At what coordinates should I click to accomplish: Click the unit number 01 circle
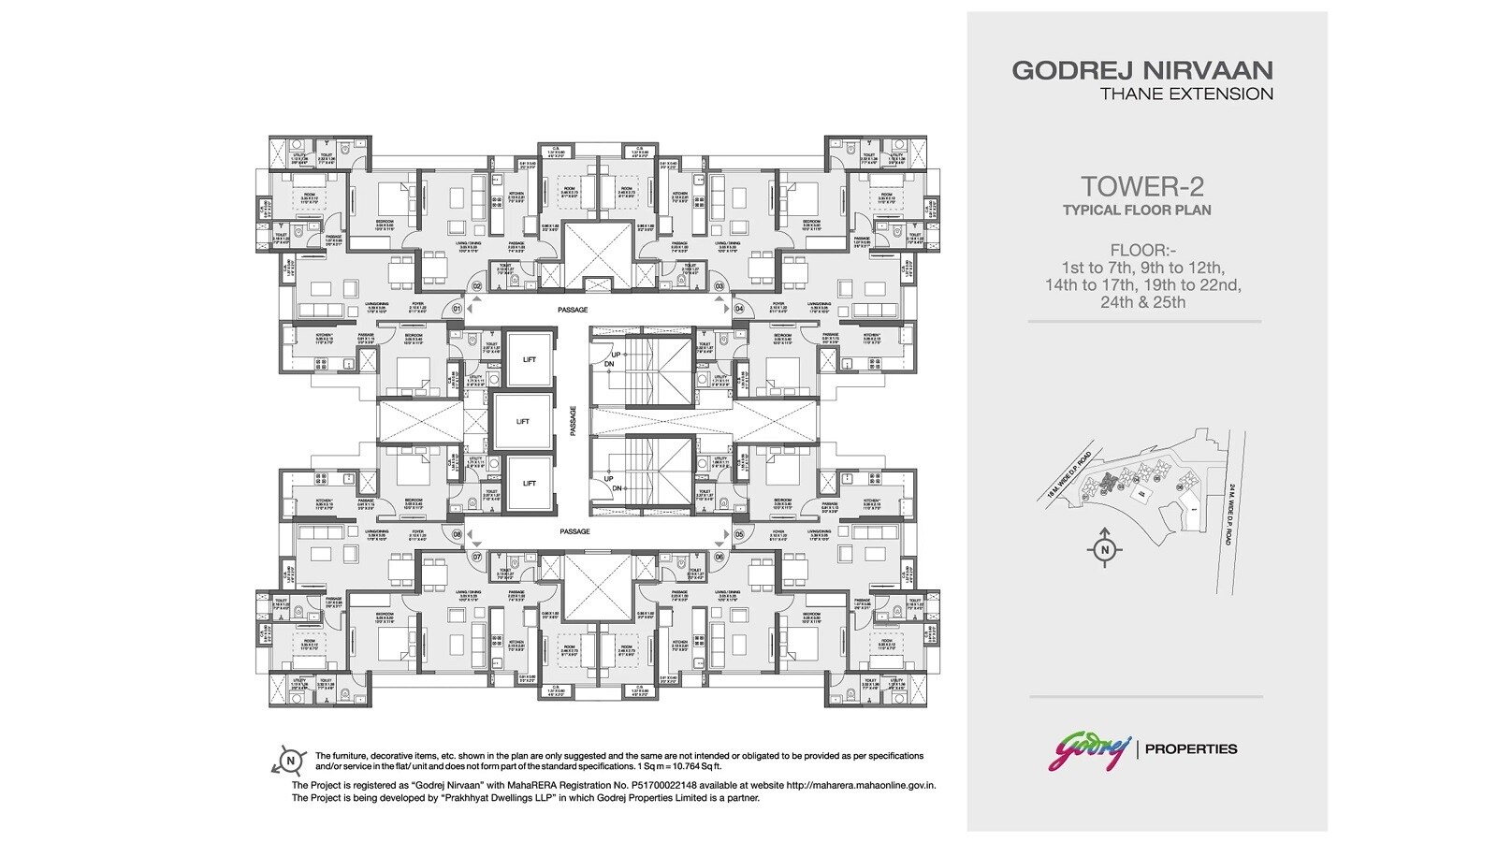[x=458, y=308]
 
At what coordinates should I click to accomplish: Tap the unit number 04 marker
[x=738, y=308]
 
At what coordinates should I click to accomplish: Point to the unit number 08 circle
[x=458, y=535]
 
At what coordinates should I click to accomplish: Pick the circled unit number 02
[x=476, y=285]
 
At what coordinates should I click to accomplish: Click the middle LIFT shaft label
[x=522, y=421]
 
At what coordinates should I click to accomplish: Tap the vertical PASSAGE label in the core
[x=574, y=421]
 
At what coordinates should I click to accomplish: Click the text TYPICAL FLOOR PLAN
[x=1136, y=210]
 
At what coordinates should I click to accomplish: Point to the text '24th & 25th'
[x=1143, y=302]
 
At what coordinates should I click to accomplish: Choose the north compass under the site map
[x=1105, y=549]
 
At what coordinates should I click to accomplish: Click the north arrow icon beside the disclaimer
[x=292, y=761]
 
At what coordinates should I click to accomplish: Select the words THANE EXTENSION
[x=1186, y=94]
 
